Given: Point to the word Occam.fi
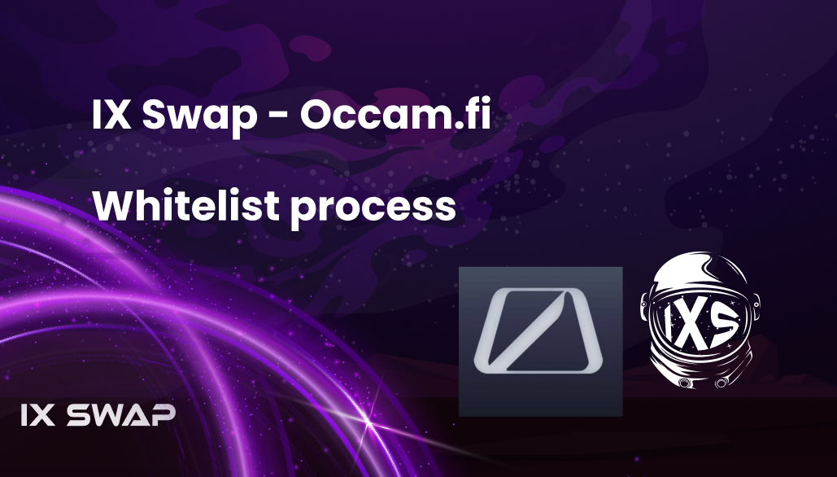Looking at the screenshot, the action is click(395, 115).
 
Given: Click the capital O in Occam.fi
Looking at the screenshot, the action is click(316, 115).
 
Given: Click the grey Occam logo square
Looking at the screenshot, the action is click(540, 341).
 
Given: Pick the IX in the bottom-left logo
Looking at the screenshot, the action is click(38, 415).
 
